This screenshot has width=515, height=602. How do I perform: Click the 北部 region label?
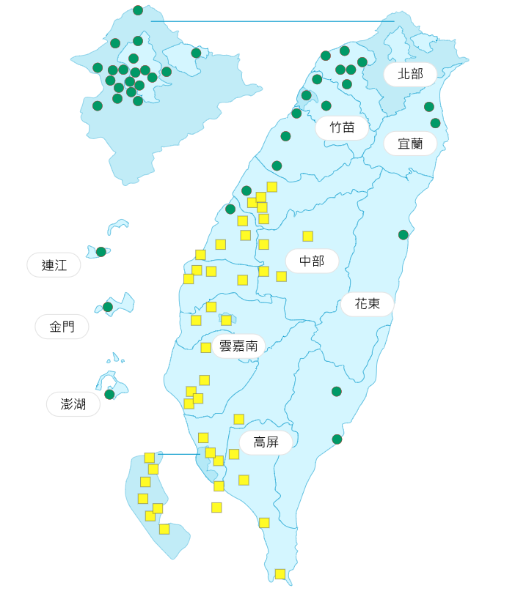pos(410,74)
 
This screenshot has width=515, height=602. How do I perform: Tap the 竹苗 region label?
pos(342,127)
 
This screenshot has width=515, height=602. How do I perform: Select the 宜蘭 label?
pos(410,144)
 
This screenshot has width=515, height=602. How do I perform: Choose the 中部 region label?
pos(312,261)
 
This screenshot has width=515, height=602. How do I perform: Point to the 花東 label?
pos(367,304)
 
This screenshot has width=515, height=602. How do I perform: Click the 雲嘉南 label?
pos(238,346)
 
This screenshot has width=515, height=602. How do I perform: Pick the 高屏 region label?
pos(265,442)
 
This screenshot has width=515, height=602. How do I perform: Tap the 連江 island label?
pos(54,265)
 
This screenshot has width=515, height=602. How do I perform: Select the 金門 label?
pos(62,327)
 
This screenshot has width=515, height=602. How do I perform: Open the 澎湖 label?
pos(73,404)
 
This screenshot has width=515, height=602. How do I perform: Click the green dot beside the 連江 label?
pos(101,252)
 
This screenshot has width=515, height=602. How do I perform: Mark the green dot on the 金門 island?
pos(108,307)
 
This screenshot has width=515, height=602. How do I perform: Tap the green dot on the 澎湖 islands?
pos(109,394)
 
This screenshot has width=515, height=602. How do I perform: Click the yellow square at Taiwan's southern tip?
pos(280,574)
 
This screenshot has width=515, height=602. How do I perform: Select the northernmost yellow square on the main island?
pos(272,187)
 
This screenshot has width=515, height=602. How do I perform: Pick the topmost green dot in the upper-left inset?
pos(138,10)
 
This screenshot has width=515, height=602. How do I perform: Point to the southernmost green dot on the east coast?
pos(337,439)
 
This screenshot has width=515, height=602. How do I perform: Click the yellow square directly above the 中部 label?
pos(308,236)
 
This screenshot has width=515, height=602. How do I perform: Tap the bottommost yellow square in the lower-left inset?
pos(164,529)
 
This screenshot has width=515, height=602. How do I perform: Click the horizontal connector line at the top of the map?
pos(271,21)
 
